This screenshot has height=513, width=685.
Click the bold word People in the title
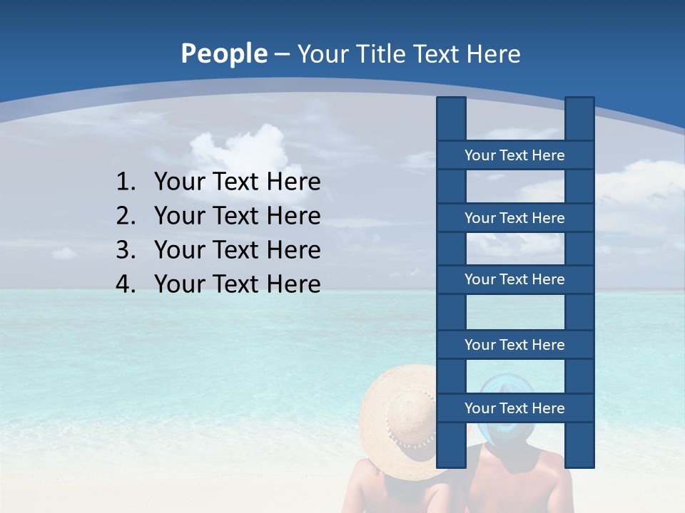pos(223,54)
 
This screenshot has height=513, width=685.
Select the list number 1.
pos(125,182)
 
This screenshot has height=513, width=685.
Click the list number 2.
pos(125,216)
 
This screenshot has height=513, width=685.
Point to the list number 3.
pos(125,250)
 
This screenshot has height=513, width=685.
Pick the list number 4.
pos(125,284)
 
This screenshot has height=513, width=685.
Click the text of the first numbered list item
pos(237,182)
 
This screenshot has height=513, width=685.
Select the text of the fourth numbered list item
pos(237,284)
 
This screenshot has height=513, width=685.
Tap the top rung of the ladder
pos(514,155)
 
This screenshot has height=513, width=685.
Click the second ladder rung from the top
pos(514,218)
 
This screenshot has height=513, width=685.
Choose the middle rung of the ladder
pos(514,279)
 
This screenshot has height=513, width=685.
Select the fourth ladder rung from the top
pos(514,345)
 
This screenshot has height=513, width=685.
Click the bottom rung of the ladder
pos(514,408)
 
